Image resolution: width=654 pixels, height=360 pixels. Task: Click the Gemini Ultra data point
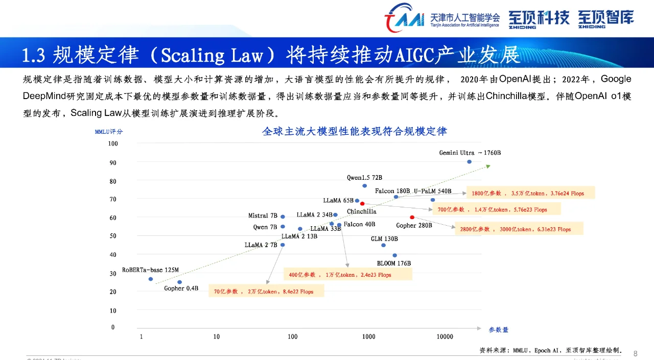(469, 162)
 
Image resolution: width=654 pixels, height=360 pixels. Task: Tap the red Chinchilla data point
(362, 204)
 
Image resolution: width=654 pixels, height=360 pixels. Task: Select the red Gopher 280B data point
(412, 218)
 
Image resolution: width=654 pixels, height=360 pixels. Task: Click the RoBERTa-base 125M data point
(151, 279)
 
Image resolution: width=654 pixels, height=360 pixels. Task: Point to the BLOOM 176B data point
(394, 255)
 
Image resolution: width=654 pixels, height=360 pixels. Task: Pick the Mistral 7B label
(263, 216)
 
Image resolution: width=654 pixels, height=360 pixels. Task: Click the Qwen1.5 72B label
(364, 178)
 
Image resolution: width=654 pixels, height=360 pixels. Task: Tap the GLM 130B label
(384, 239)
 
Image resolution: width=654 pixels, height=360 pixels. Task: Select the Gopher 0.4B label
(181, 289)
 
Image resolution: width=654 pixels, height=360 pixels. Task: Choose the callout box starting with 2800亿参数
(519, 229)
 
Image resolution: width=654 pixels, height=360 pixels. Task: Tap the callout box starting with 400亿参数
(348, 275)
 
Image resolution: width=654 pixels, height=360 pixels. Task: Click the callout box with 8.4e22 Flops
(266, 292)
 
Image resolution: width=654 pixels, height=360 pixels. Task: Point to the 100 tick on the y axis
(112, 143)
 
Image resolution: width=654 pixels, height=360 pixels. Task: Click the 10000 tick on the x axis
(445, 337)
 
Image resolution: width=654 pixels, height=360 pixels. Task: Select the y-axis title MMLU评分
(109, 132)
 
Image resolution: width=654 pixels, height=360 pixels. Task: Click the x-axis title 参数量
(498, 330)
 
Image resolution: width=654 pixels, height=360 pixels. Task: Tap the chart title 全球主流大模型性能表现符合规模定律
(355, 131)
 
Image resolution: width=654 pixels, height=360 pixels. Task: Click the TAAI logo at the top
(404, 18)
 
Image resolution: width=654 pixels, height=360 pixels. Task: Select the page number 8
(635, 353)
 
